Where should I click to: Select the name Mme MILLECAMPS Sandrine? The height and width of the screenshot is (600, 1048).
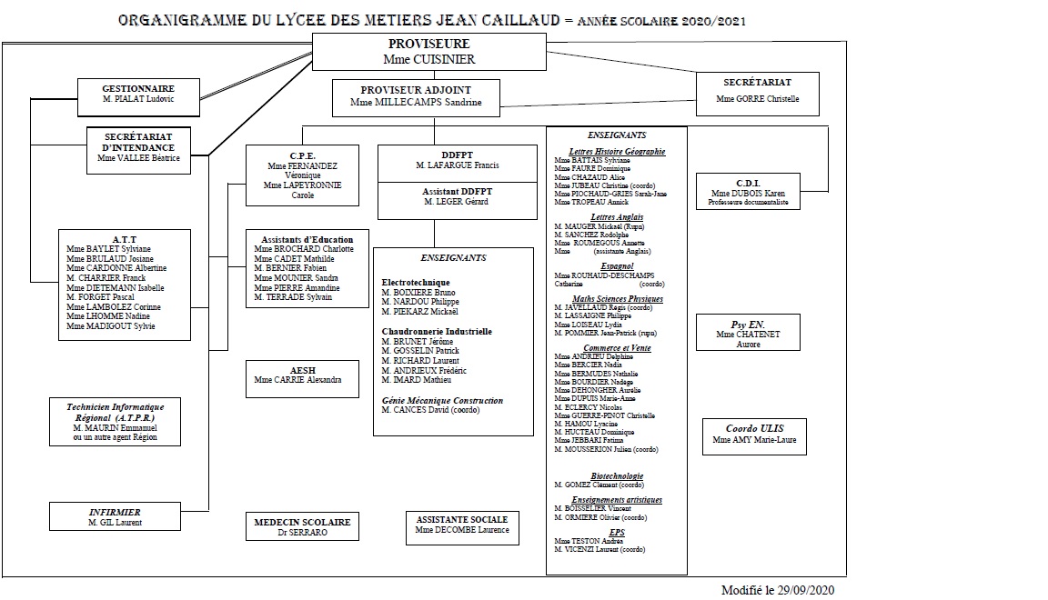tap(416, 103)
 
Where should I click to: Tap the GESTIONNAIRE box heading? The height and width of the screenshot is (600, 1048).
tap(137, 87)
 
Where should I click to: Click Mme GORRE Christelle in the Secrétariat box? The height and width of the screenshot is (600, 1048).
tap(757, 99)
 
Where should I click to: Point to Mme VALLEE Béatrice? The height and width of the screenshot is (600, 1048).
tap(138, 158)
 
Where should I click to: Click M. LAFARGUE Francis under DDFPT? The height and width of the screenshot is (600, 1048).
tap(457, 165)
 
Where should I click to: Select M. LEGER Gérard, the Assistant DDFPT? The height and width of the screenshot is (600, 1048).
tap(456, 201)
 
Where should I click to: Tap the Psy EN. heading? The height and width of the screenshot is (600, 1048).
tap(749, 324)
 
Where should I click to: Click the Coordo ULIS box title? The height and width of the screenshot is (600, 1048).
tap(754, 428)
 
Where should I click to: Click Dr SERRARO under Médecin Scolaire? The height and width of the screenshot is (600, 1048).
tap(302, 533)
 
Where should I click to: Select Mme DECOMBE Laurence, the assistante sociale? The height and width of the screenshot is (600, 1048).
tap(462, 530)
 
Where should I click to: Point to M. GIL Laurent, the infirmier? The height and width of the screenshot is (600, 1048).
tap(115, 523)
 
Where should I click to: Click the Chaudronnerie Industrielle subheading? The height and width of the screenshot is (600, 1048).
tap(437, 332)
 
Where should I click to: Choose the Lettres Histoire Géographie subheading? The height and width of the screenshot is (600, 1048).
tap(617, 152)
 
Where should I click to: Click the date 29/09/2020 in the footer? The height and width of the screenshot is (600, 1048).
tap(805, 589)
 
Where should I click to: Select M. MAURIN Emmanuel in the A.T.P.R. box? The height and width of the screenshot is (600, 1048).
tap(115, 427)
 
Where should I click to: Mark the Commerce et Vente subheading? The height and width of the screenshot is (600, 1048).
tap(617, 348)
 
